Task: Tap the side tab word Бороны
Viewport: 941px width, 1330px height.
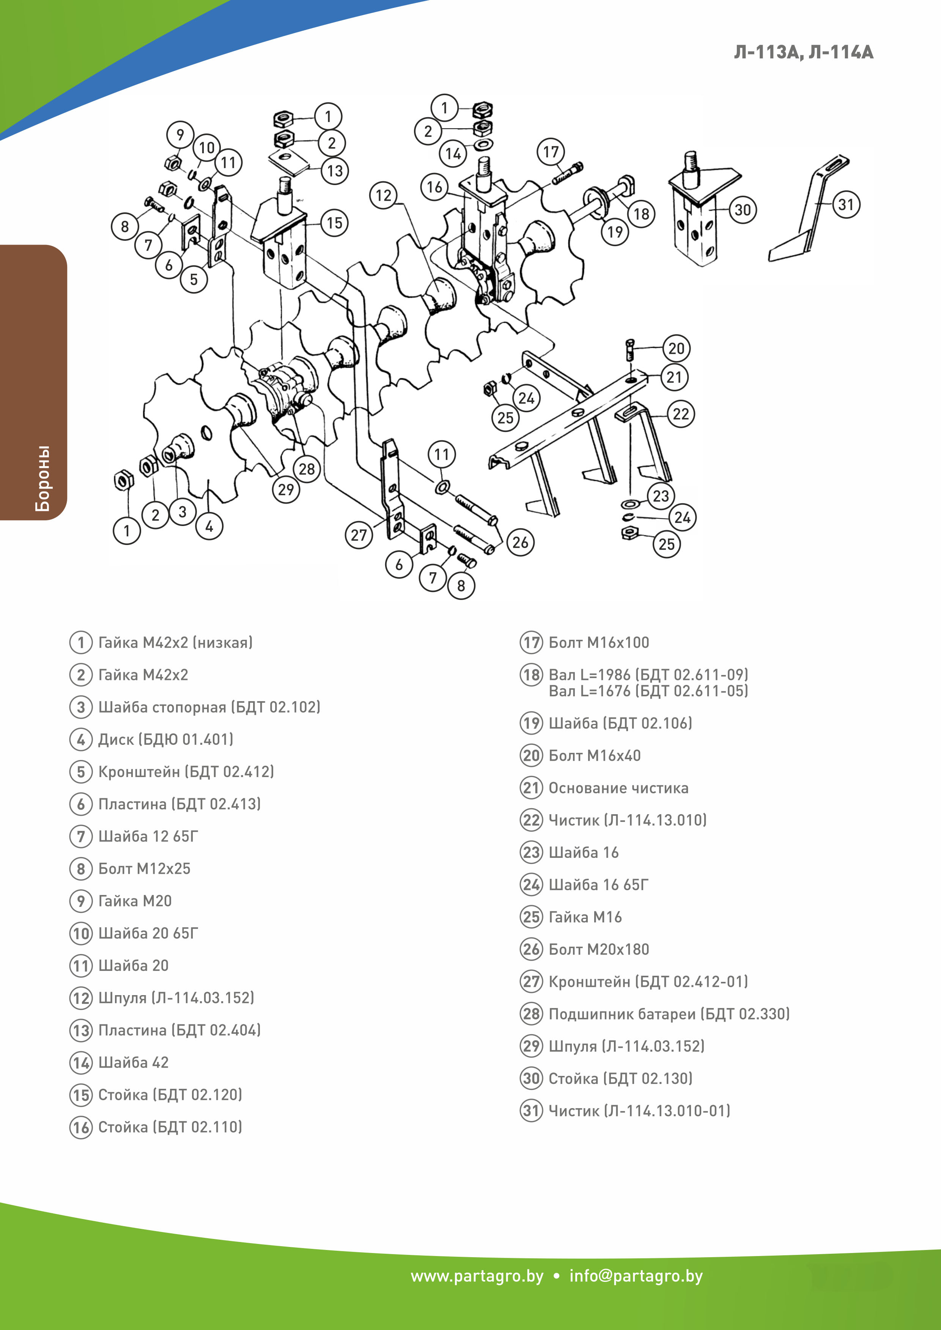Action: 42,479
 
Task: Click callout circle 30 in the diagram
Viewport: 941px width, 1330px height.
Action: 742,210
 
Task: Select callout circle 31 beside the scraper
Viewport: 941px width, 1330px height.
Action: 846,204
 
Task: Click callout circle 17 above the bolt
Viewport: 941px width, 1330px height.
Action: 551,152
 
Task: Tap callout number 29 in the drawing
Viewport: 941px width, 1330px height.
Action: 286,490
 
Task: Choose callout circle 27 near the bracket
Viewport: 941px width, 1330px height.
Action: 359,535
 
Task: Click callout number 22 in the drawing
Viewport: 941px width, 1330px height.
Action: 681,414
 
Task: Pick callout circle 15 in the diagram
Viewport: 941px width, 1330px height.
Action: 334,223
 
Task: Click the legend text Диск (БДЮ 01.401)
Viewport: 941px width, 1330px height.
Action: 166,739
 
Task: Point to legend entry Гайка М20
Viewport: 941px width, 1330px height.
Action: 135,901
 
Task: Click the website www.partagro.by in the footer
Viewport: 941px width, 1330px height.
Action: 477,1276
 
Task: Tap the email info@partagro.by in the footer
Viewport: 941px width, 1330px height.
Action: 636,1276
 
